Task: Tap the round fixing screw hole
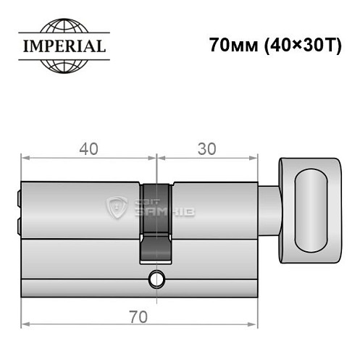pos(156,277)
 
